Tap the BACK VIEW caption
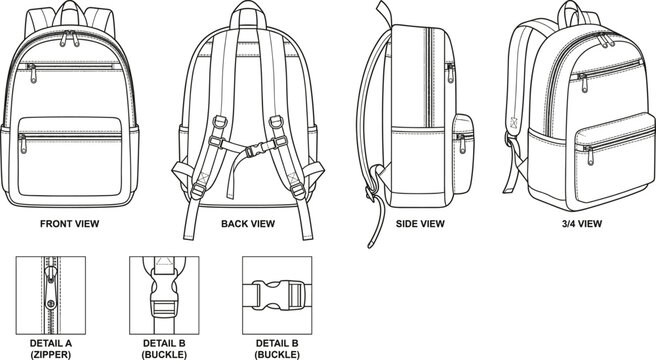pos(248,223)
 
